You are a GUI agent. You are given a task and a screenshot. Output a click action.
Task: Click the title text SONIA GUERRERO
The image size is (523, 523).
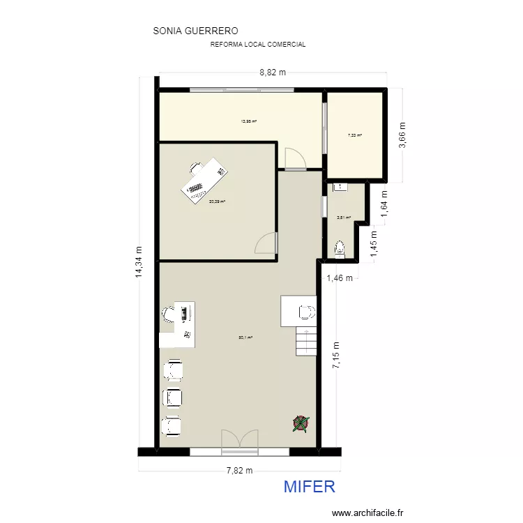[195, 31]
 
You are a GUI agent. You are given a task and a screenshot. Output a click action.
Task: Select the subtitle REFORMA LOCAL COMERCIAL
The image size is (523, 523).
[258, 45]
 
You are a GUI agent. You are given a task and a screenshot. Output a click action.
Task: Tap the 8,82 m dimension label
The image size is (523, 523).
[273, 72]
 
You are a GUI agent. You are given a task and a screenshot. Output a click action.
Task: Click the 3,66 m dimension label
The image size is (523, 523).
[402, 135]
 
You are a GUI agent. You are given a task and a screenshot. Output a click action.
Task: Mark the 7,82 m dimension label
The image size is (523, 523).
[239, 471]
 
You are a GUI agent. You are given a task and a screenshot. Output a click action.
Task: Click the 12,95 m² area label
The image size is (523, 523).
[249, 121]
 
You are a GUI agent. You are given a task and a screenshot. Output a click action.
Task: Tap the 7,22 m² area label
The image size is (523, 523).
[355, 135]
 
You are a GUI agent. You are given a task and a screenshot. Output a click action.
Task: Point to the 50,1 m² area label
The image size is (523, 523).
[245, 338]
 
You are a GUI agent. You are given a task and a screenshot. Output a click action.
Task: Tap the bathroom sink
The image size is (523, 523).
[340, 187]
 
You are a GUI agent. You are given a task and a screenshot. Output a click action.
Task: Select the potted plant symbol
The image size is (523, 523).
[301, 423]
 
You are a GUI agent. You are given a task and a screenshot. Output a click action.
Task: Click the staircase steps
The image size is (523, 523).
[306, 342]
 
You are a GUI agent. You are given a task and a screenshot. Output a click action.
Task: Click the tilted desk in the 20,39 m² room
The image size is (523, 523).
[204, 181]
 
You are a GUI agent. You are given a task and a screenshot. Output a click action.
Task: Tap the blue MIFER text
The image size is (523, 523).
[310, 486]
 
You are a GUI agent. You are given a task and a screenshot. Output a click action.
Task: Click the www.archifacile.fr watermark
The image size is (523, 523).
[367, 513]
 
